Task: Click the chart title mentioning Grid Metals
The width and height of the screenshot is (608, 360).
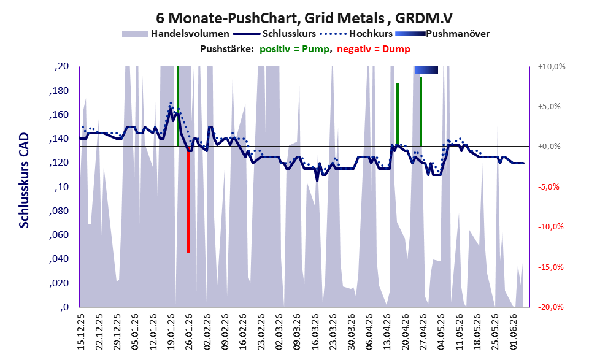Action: click(304, 18)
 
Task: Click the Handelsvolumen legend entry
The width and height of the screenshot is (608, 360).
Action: click(175, 34)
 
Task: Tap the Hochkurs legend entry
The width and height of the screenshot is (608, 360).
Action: click(356, 34)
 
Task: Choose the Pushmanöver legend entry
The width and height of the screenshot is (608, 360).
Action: click(442, 34)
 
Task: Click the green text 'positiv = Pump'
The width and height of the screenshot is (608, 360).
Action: click(294, 49)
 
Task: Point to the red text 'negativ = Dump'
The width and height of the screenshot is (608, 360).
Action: click(374, 49)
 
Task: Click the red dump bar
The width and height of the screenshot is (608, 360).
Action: click(188, 199)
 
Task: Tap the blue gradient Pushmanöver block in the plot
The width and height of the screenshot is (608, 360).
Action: click(426, 70)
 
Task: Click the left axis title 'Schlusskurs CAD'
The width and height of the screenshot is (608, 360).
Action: click(24, 180)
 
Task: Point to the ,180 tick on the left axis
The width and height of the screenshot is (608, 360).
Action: click(59, 91)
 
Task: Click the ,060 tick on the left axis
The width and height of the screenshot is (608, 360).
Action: click(59, 235)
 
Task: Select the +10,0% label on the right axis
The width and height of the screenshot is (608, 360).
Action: click(552, 67)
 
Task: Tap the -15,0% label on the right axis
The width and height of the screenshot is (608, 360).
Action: click(550, 267)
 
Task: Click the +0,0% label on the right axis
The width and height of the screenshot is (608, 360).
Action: click(549, 147)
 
